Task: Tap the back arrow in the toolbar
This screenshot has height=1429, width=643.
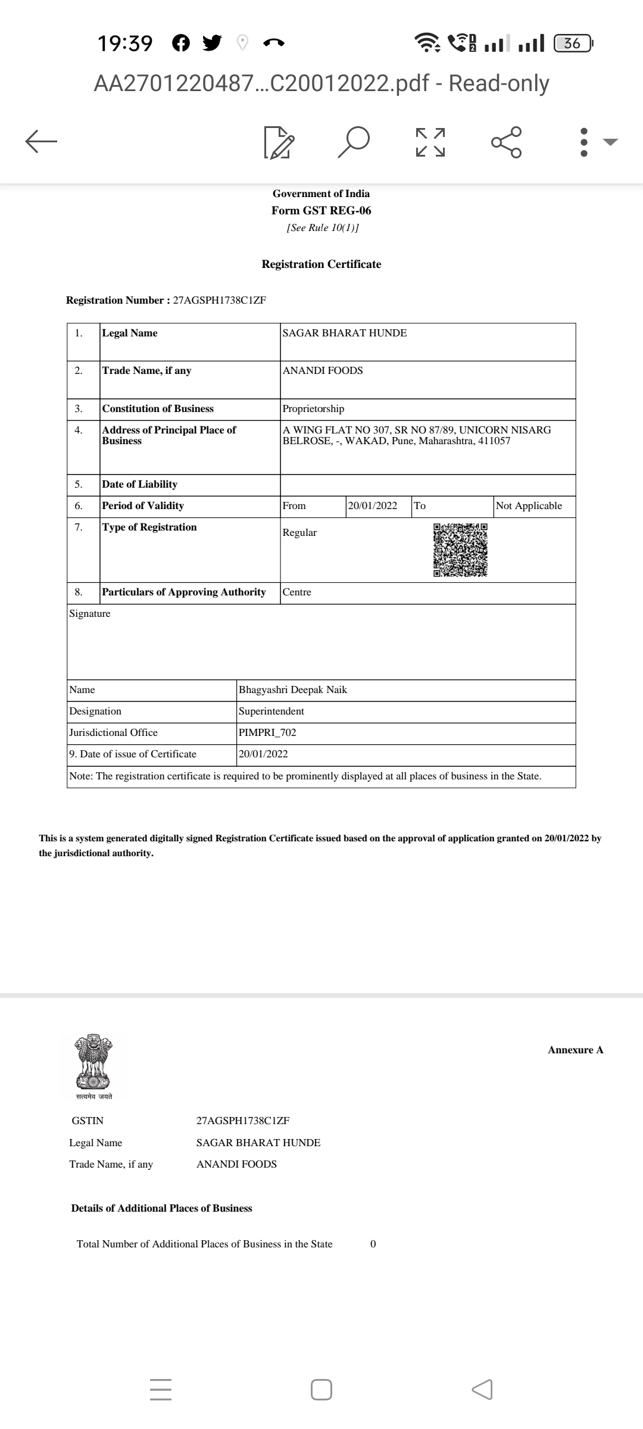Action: pos(41,141)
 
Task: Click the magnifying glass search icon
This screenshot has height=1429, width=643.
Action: pos(354,142)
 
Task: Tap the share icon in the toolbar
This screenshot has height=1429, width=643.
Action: pos(507,142)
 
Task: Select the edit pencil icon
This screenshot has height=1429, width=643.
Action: pos(278,142)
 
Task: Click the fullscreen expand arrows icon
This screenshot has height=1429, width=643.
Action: pos(430,142)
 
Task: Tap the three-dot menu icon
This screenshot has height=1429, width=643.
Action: pos(584,142)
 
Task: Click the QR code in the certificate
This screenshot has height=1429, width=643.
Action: pos(460,550)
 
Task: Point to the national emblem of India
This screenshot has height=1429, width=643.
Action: pos(93,1063)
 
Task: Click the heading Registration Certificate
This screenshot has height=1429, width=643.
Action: pos(321,264)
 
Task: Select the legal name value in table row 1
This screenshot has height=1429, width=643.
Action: pos(345,333)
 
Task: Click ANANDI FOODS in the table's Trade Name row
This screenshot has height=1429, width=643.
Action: pos(323,371)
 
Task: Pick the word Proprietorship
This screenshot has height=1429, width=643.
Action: pos(313,409)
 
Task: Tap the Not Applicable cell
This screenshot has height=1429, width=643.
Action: pos(529,506)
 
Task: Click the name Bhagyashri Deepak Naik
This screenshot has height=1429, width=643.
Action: pos(293,690)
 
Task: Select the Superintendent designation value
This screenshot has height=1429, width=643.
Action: pos(271,712)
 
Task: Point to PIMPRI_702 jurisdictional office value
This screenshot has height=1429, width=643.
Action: pos(267,733)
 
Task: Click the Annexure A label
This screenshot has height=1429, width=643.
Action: pos(575,1050)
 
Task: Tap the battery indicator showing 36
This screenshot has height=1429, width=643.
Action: pos(572,43)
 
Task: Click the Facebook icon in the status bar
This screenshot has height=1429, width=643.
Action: pos(181,43)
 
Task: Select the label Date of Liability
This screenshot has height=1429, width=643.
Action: pos(140,485)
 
